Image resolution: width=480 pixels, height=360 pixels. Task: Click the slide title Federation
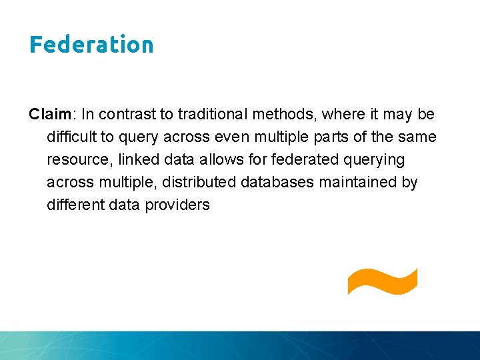click(x=91, y=45)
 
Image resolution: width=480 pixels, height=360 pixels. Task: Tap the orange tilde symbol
click(x=382, y=280)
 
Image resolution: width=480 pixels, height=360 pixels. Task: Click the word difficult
click(x=70, y=137)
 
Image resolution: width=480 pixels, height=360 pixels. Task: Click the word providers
click(x=180, y=205)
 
